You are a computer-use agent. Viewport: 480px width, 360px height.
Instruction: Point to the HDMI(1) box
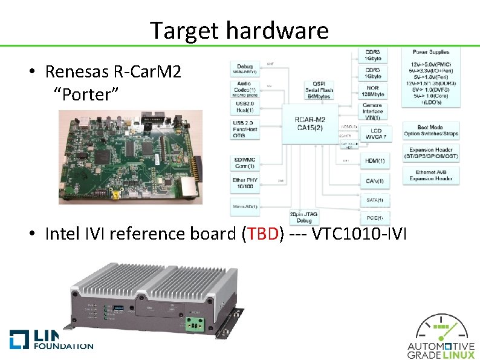(x=375, y=161)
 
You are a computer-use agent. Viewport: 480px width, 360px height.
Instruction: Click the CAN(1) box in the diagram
(x=375, y=181)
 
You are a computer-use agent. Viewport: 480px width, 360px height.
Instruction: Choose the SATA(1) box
(x=375, y=200)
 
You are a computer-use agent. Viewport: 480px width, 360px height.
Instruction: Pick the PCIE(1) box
(x=375, y=217)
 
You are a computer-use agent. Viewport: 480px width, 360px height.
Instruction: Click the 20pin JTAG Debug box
(x=303, y=217)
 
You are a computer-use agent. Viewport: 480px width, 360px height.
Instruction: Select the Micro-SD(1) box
(x=245, y=207)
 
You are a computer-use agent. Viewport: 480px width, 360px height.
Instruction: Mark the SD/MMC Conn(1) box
(x=245, y=162)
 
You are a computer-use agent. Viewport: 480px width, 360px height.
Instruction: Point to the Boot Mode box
(x=430, y=130)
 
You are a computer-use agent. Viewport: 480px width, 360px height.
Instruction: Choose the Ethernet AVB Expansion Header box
(x=430, y=175)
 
